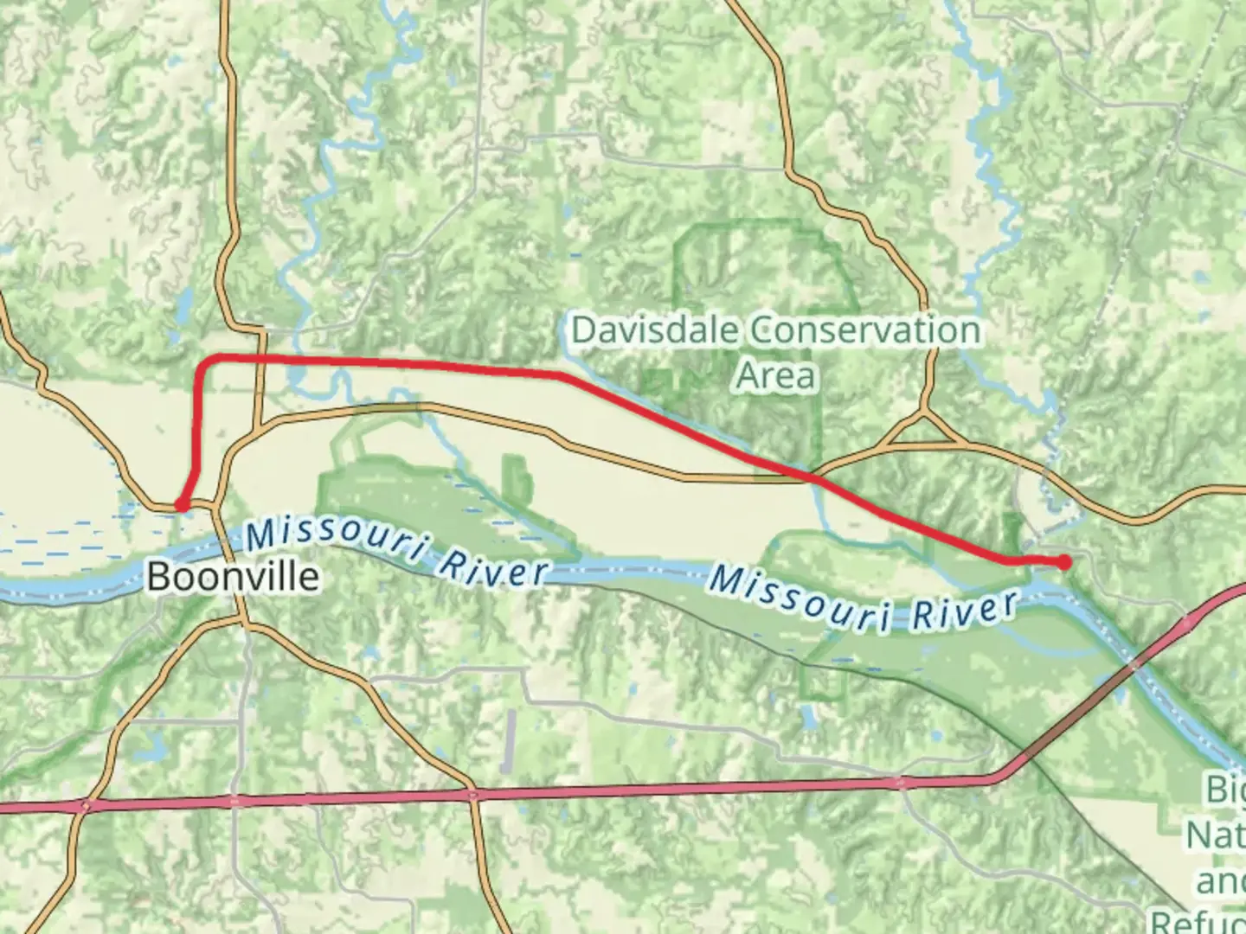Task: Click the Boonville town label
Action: [233, 576]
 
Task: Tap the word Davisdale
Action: [655, 330]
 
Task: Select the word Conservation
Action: [865, 330]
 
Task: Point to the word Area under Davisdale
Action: [776, 375]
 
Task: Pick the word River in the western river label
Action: [493, 566]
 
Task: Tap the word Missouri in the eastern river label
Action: [800, 598]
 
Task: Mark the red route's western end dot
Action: [182, 503]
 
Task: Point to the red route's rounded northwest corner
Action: [206, 361]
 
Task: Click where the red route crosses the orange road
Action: [811, 475]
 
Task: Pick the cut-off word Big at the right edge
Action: [1227, 789]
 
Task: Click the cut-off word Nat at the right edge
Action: [1216, 835]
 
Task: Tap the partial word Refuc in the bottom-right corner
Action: [1198, 920]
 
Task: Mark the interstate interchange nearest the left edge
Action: [84, 806]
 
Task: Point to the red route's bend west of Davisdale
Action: [562, 374]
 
